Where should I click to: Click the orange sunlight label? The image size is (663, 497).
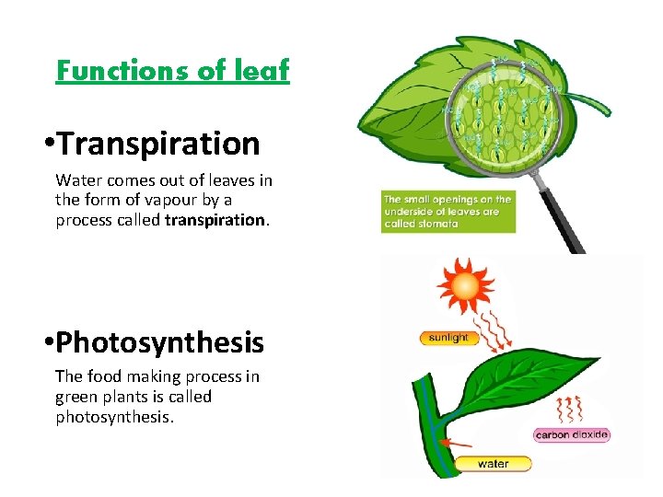(448, 338)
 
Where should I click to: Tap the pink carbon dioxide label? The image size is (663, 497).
(571, 434)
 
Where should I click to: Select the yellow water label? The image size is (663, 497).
(493, 464)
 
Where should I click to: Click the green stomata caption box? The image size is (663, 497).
(448, 212)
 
